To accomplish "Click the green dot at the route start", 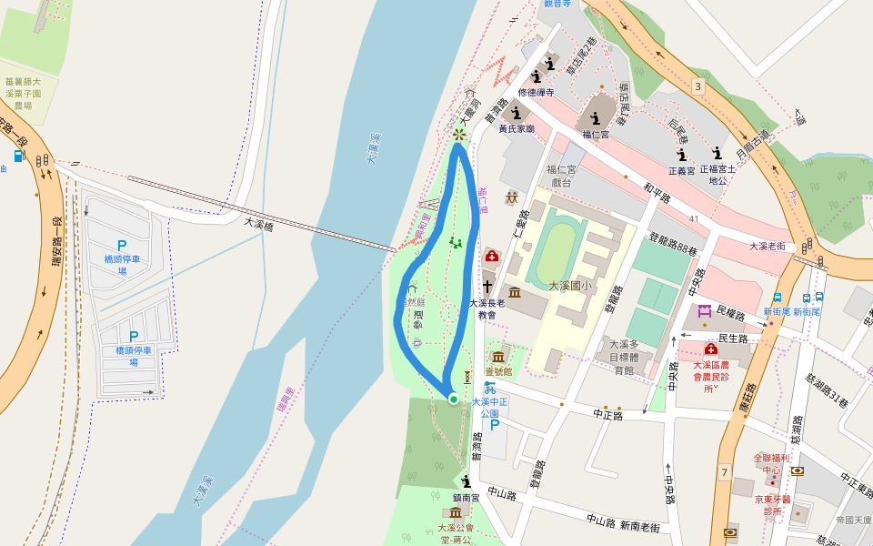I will pyautogui.click(x=453, y=399).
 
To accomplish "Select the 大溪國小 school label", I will pyautogui.click(x=570, y=286).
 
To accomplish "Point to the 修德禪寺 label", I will pyautogui.click(x=536, y=93).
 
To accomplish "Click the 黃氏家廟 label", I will pyautogui.click(x=517, y=129).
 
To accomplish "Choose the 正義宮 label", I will pyautogui.click(x=681, y=170).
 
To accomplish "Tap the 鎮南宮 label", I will pyautogui.click(x=467, y=497).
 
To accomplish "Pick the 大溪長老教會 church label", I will pyautogui.click(x=487, y=308).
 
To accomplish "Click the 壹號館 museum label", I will pyautogui.click(x=497, y=371).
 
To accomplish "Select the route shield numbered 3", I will pyautogui.click(x=697, y=86).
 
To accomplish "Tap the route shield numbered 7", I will pyautogui.click(x=724, y=471).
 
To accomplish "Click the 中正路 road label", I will pyautogui.click(x=607, y=415).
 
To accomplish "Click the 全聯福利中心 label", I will pyautogui.click(x=771, y=463).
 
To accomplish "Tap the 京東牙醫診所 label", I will pyautogui.click(x=773, y=505).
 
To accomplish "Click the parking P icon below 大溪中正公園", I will pyautogui.click(x=495, y=424).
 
